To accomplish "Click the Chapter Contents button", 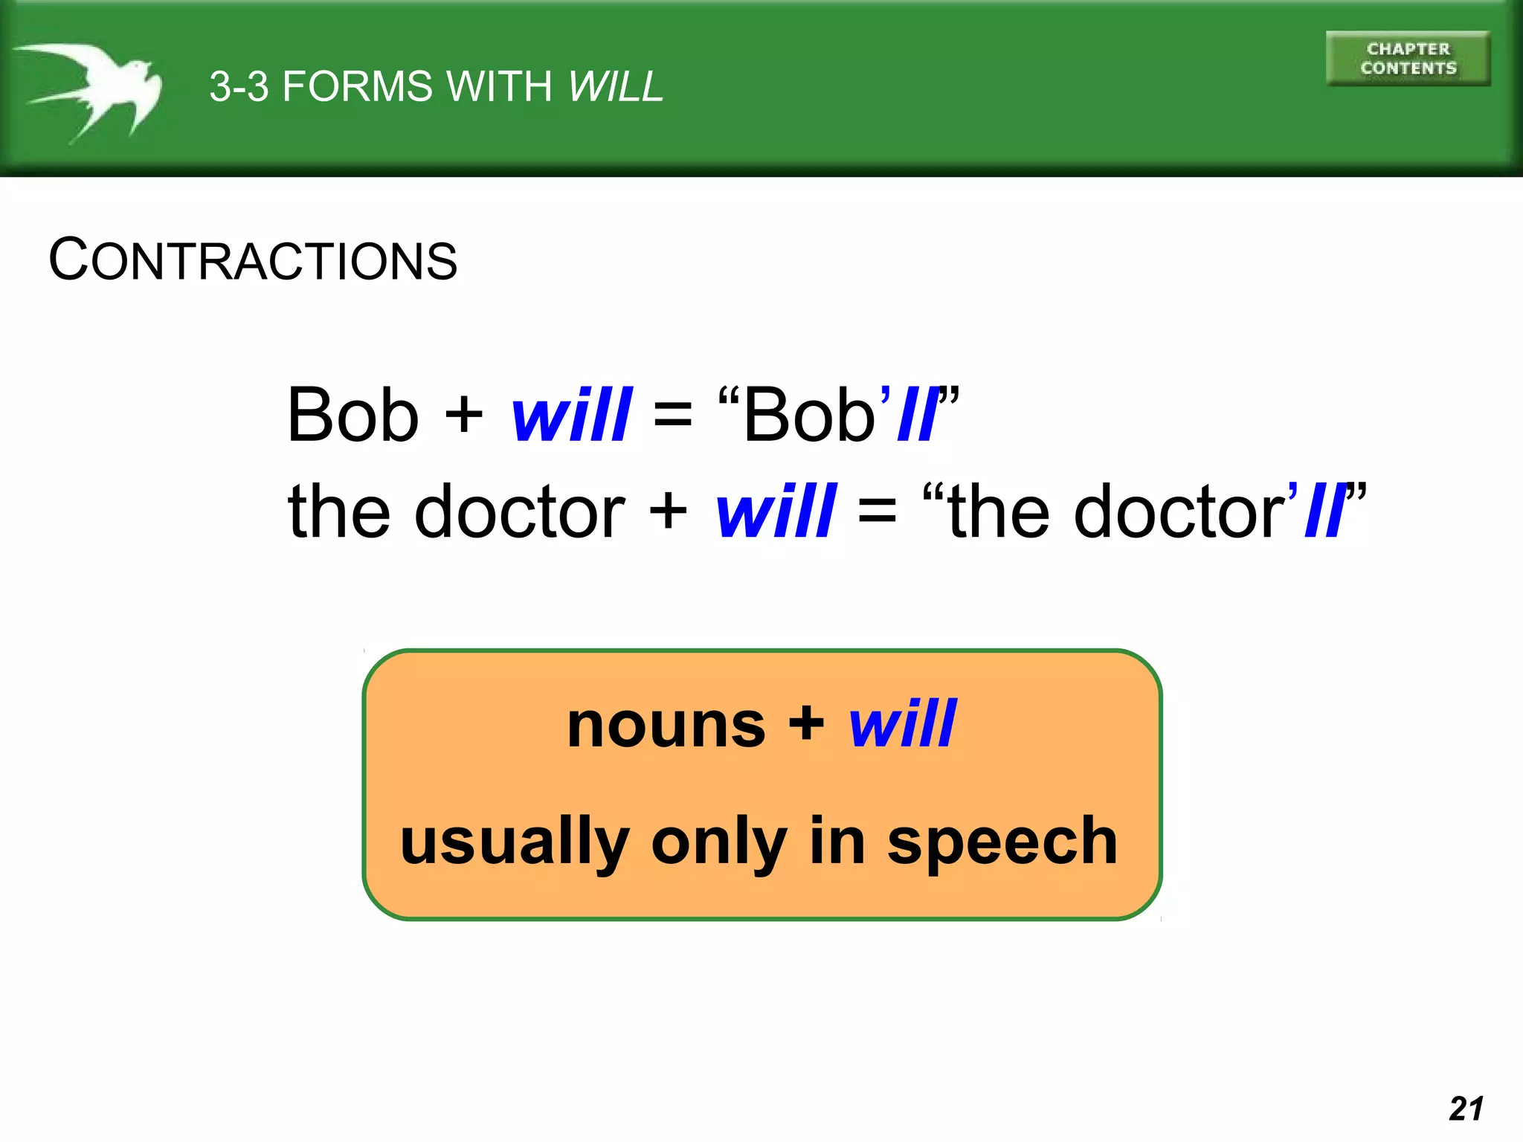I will pos(1408,59).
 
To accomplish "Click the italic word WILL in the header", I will pos(615,86).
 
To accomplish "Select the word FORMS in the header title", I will pos(357,86).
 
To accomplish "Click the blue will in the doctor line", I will pos(776,512).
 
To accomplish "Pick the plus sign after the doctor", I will pos(668,512).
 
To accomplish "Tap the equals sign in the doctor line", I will pos(877,512).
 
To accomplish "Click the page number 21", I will pos(1466,1109).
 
